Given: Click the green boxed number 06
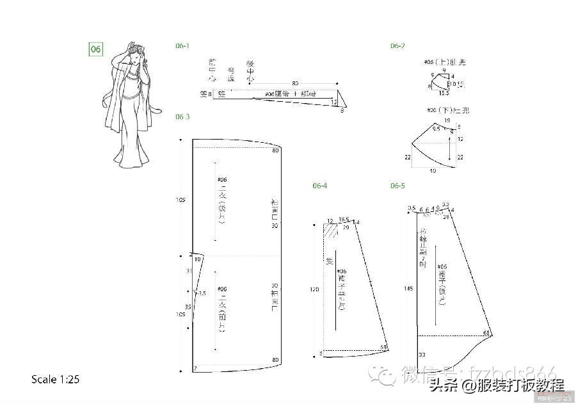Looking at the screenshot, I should point(95,50).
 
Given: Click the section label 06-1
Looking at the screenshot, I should point(182,46).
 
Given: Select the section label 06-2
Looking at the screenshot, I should point(397,46).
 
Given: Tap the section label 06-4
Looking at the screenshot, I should point(320,186).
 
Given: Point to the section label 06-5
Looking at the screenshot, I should point(397,186).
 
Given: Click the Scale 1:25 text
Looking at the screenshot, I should point(55,380).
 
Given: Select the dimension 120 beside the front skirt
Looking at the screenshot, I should point(314,289).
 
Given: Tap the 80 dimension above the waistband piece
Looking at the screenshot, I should point(295,83).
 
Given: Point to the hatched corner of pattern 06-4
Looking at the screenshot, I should point(331,232).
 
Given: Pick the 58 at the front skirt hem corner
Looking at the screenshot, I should point(383,348).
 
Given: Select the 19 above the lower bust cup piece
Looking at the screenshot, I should point(446,120).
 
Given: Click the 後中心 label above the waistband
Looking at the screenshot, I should point(251,70).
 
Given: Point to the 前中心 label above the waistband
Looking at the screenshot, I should point(212,70).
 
